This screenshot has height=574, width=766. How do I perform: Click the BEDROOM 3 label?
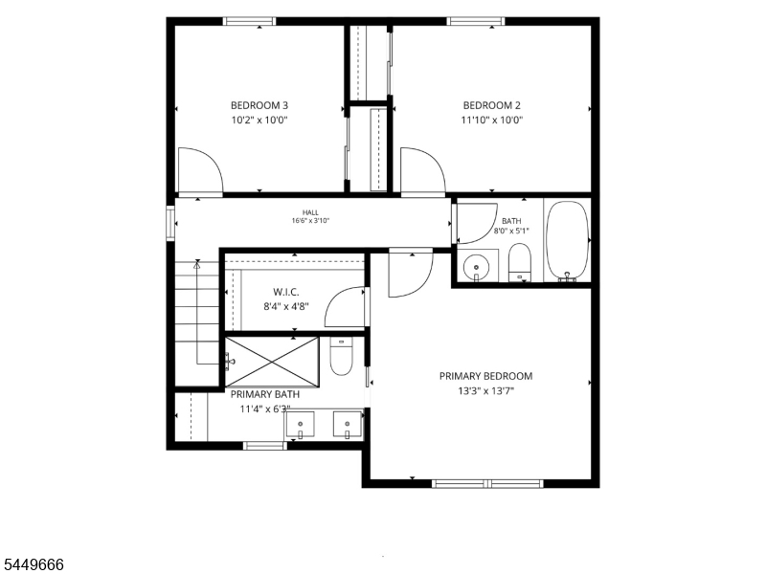(259, 105)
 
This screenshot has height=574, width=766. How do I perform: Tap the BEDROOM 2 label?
(492, 105)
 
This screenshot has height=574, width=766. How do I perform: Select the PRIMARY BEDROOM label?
(486, 376)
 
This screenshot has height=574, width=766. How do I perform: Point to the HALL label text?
(310, 212)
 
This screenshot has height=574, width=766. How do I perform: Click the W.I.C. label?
(286, 292)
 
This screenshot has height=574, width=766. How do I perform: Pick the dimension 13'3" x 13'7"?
(486, 390)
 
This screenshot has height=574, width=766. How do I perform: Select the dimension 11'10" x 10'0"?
(492, 120)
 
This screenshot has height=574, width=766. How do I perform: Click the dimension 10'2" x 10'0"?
(259, 120)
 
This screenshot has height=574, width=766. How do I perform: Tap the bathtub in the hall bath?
(567, 241)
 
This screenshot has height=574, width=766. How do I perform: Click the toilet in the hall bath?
(520, 262)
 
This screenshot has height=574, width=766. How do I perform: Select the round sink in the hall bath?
(476, 267)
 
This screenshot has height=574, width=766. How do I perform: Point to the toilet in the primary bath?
(342, 356)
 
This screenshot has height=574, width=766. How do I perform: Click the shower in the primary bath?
(272, 363)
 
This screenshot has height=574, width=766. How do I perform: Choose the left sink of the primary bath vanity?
(300, 424)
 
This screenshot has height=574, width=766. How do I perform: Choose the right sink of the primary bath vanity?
(348, 424)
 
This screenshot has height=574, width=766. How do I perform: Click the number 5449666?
(32, 564)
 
